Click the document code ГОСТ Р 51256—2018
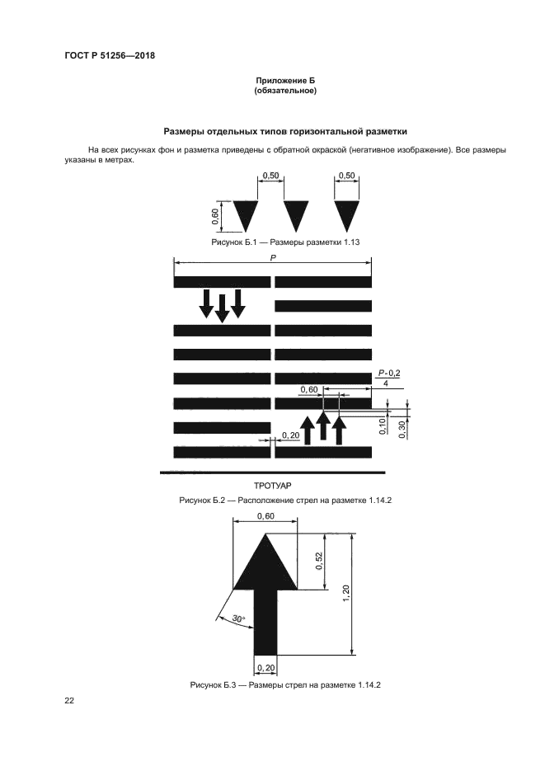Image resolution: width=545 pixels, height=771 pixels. (110, 56)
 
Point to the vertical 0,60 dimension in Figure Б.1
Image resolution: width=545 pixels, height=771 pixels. (215, 216)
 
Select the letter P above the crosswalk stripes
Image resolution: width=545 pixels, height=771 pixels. (273, 258)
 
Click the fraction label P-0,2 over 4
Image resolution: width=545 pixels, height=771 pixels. (388, 378)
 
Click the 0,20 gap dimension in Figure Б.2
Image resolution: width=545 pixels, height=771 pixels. (290, 435)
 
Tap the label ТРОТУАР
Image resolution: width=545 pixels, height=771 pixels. (272, 488)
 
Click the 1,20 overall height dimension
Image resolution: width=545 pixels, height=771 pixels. (346, 592)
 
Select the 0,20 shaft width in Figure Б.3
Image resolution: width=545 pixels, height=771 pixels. (265, 667)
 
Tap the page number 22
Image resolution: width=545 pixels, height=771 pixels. (69, 701)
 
